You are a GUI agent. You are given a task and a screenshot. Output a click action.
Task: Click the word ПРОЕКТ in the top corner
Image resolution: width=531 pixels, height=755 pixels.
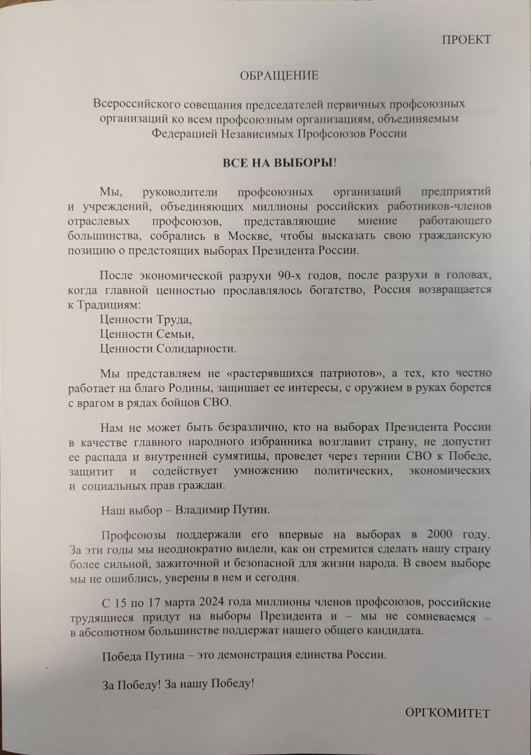coord(466,40)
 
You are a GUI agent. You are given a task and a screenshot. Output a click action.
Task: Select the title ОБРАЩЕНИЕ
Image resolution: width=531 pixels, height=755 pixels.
coord(279,75)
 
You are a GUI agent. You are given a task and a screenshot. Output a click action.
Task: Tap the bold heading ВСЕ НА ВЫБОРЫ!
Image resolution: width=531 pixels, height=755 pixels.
coord(279,163)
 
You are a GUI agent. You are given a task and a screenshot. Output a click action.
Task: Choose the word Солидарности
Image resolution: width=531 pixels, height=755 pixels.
coord(200,349)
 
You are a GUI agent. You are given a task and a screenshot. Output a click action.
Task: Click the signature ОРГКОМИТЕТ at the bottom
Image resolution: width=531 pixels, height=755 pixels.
coord(447,713)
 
